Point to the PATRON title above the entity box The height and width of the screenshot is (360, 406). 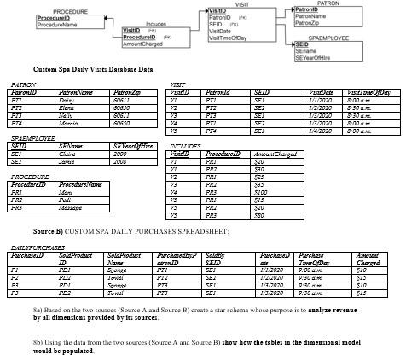[x=327, y=3]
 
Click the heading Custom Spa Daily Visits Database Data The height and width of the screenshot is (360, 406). [x=92, y=69]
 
